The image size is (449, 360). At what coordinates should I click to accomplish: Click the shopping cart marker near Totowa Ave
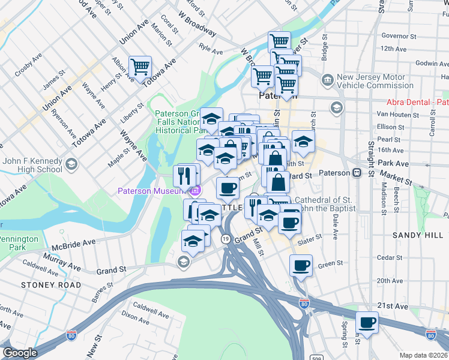coord(140,67)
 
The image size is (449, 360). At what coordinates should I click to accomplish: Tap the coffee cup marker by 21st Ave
coord(367,323)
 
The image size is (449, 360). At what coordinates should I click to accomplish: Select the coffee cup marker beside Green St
coord(301,265)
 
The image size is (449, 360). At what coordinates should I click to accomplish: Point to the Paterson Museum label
coord(149,191)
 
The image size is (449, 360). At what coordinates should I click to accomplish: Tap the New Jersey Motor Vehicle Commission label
coord(375,81)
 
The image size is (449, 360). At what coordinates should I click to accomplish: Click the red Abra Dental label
coord(418,103)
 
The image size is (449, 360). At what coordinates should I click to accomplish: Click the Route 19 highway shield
coord(226,239)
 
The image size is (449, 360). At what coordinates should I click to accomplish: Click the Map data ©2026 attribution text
coord(424,355)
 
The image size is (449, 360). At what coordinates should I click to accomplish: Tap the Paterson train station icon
coord(357,173)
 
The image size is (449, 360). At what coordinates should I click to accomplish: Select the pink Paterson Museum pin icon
coord(194,191)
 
